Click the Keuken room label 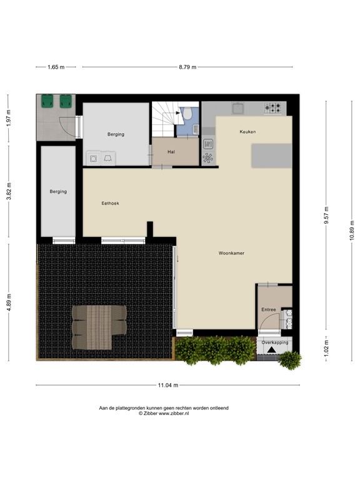247,132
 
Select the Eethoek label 111,204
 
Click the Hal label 171,152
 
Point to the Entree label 268,310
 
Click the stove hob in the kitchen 274,108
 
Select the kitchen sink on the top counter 238,108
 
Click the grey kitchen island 271,156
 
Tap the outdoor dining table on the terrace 98,326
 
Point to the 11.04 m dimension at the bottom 168,385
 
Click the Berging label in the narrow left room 58,192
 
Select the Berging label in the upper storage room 115,134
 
